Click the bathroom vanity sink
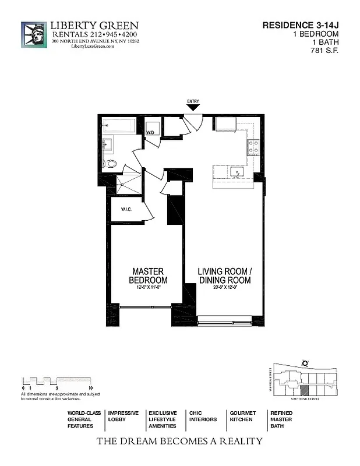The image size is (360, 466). click(x=108, y=144)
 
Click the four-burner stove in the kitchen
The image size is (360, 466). click(x=254, y=148)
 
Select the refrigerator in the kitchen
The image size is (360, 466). click(x=224, y=125)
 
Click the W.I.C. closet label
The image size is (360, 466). click(x=128, y=209)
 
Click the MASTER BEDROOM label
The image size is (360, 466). click(x=148, y=276)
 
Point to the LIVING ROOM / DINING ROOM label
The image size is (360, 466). click(x=224, y=276)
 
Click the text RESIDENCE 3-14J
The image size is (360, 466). click(x=300, y=25)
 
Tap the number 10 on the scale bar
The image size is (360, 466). click(x=90, y=387)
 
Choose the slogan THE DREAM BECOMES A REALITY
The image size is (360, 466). click(x=179, y=441)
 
